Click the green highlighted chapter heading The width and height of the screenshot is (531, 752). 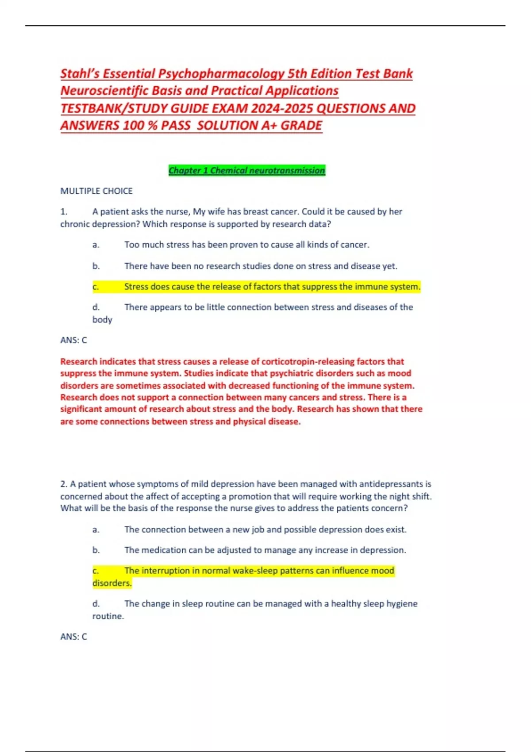247,170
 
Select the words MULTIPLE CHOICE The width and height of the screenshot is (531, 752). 96,191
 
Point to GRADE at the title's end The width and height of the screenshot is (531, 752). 301,126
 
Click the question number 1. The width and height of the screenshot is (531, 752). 64,212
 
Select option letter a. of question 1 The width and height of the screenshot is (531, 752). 96,245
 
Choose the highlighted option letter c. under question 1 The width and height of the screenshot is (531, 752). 96,287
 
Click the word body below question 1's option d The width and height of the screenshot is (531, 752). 102,319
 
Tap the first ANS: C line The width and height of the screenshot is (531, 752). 73,340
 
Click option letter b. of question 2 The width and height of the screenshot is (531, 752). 96,550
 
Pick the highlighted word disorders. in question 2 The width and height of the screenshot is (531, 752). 112,583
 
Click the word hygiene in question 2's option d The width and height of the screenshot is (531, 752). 402,604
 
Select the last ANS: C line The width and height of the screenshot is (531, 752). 73,637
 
